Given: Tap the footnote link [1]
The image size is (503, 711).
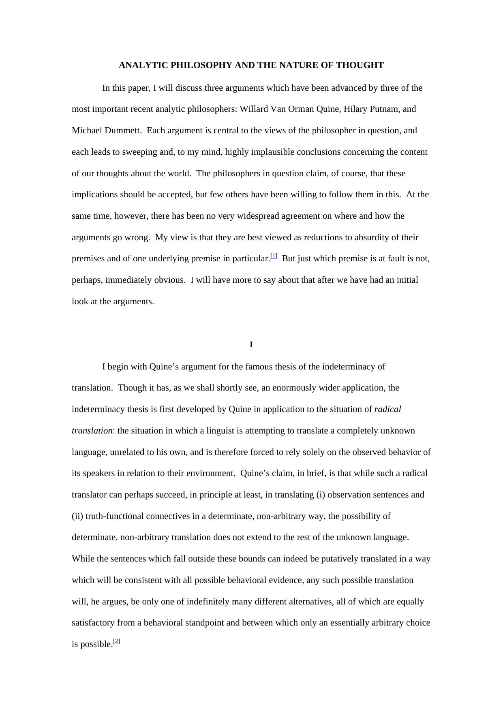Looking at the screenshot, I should [274, 256].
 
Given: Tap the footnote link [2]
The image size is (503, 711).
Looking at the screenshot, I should [117, 641].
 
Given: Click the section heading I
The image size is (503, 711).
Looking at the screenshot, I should [251, 345].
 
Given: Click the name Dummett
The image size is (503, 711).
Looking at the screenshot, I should [123, 130].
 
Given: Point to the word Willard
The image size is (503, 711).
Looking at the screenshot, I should [254, 109].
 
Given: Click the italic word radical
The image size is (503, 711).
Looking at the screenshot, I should [387, 409].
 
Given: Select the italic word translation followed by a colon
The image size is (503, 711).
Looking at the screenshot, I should [92, 431].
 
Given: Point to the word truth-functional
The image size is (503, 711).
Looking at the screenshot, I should [114, 516].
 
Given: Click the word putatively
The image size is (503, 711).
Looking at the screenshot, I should [339, 559].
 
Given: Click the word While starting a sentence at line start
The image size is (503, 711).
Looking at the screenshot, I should [83, 559].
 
